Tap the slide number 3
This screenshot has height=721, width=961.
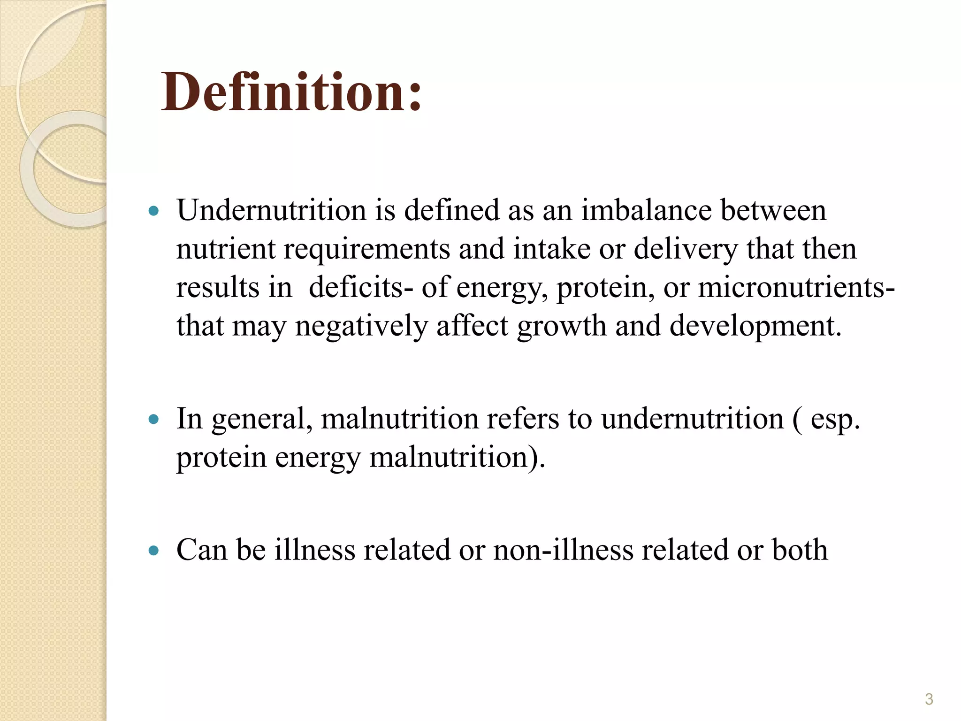tap(929, 699)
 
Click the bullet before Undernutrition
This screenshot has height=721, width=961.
tap(153, 211)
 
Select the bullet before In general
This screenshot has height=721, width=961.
tap(153, 419)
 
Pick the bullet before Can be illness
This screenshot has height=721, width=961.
tap(153, 550)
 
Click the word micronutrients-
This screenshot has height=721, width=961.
tap(796, 287)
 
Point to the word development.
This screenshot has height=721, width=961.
tap(755, 326)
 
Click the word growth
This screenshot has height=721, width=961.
tap(562, 326)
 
